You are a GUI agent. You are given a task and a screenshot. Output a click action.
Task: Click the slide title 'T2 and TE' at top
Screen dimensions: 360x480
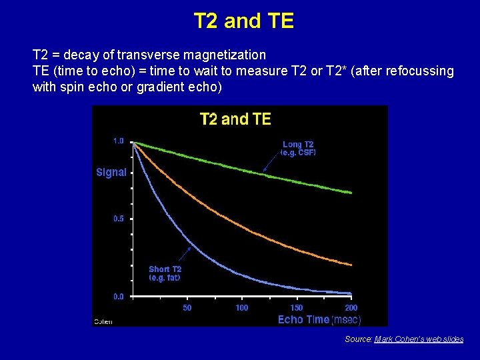tap(243, 21)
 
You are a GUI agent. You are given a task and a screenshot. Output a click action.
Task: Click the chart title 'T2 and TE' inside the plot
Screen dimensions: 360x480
tap(235, 119)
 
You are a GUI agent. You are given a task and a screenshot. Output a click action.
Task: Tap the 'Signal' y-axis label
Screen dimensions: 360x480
tap(111, 172)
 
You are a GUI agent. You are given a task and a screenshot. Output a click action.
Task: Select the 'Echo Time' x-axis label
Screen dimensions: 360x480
tap(303, 319)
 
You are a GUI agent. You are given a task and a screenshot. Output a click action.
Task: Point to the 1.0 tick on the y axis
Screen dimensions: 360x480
tap(118, 141)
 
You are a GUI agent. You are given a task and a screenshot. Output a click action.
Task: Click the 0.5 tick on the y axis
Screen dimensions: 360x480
tap(118, 219)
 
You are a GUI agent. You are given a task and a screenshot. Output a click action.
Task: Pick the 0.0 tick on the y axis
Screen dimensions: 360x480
tap(118, 296)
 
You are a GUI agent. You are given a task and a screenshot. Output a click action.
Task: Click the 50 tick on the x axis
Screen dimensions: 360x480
tap(187, 308)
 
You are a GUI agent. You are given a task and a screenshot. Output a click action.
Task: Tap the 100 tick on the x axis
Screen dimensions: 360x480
tap(242, 308)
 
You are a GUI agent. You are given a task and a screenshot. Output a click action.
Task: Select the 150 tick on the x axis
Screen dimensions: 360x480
tap(297, 308)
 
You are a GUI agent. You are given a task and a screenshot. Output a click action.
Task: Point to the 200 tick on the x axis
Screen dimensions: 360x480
tap(351, 308)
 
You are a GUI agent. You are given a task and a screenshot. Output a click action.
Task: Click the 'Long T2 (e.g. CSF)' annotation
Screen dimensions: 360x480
tap(298, 149)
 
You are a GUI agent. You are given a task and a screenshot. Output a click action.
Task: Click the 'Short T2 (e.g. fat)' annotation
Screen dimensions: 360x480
tap(165, 273)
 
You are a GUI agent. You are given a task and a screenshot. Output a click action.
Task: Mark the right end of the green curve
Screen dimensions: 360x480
tap(351, 193)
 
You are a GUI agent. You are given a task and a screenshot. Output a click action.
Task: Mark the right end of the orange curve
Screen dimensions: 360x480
tap(351, 265)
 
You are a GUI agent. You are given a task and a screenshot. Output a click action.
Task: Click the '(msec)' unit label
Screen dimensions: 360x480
tap(346, 319)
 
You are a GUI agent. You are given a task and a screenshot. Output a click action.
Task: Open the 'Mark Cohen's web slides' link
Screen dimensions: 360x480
tap(419, 339)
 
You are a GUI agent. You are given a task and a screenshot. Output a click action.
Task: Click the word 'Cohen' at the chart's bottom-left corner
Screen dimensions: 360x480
tap(103, 321)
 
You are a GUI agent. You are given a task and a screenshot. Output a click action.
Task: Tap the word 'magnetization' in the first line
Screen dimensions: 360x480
tap(229, 55)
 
